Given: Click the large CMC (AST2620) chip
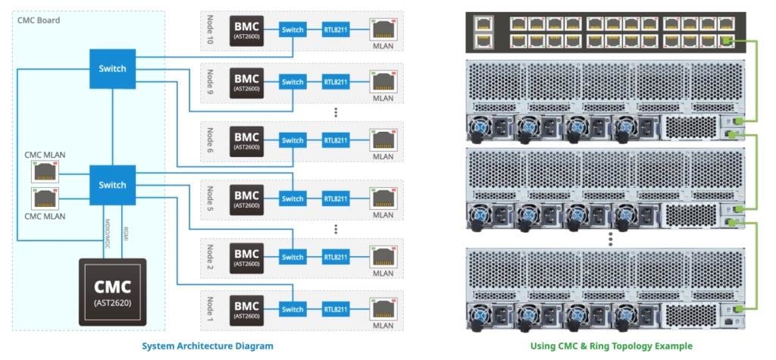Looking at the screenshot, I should [x=113, y=292].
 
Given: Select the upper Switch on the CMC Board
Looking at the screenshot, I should [x=112, y=69].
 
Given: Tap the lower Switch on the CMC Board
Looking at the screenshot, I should [x=112, y=186].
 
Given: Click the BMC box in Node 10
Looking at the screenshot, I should [x=246, y=30].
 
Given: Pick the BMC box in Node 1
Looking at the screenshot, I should [x=246, y=309].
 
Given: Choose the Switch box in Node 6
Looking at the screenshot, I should [x=293, y=141].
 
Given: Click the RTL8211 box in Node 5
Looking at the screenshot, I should [x=336, y=199].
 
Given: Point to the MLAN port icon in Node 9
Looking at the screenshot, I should [x=383, y=80].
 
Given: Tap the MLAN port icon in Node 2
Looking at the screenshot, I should [x=383, y=256].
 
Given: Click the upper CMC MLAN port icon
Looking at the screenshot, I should [x=43, y=173].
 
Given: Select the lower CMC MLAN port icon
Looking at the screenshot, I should [x=43, y=199].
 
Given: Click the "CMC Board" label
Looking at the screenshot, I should [x=39, y=20].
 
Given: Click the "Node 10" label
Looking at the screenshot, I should [x=211, y=30].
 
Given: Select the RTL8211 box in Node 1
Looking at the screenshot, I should [x=336, y=309].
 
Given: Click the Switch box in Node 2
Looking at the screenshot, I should [x=293, y=257].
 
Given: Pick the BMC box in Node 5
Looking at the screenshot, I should [x=246, y=199].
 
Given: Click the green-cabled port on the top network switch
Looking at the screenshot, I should [x=726, y=39].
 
